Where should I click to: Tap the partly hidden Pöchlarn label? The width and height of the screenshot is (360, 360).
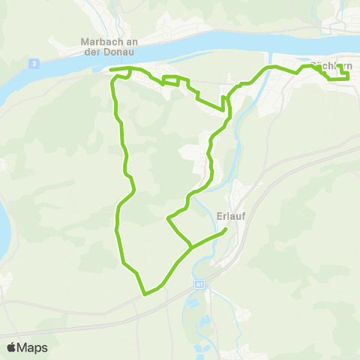click(331, 66)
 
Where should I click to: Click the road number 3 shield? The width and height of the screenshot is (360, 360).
click(35, 64)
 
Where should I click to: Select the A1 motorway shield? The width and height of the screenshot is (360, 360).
click(199, 284)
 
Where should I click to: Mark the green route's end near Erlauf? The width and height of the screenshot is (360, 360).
click(226, 231)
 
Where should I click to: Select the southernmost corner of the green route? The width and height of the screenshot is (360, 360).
click(144, 294)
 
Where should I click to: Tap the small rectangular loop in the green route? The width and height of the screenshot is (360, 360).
click(172, 79)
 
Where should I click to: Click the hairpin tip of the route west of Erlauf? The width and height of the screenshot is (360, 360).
click(167, 219)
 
